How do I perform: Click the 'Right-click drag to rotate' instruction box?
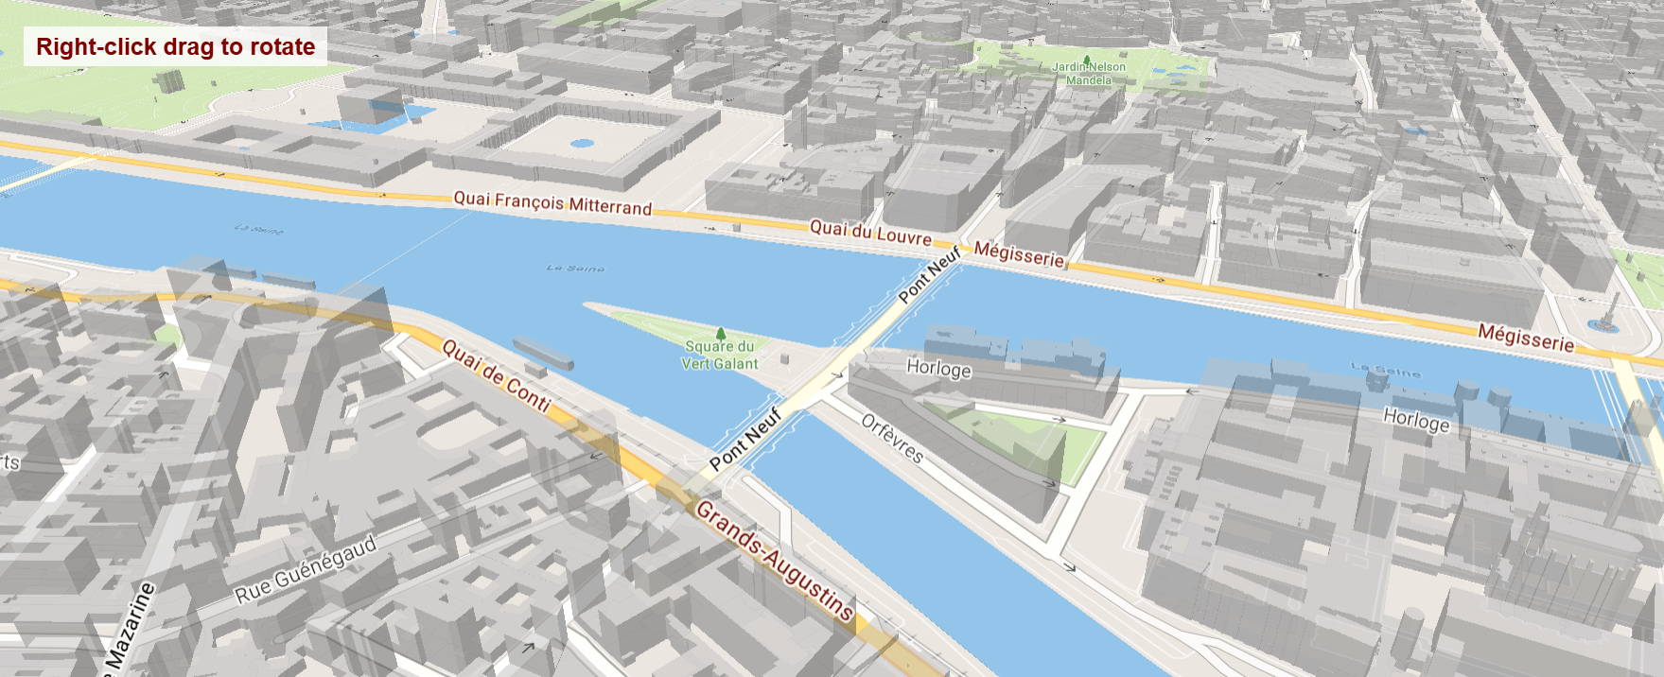click(x=175, y=46)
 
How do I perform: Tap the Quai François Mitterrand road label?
click(x=552, y=202)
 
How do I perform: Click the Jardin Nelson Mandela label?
click(x=1089, y=74)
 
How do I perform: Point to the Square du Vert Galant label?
click(x=720, y=356)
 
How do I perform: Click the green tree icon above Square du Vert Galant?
click(x=721, y=333)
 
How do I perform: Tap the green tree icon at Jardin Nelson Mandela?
click(x=1086, y=58)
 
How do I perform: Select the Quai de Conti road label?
click(x=496, y=375)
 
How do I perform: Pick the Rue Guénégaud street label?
click(x=306, y=568)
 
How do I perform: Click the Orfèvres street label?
click(x=892, y=438)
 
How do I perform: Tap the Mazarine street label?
click(x=130, y=628)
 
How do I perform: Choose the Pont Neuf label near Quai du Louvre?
click(x=929, y=274)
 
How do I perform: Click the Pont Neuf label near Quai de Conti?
click(x=745, y=439)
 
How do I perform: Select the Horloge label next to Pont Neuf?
click(x=938, y=368)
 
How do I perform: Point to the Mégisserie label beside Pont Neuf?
click(x=1019, y=254)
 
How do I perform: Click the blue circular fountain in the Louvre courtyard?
click(x=582, y=144)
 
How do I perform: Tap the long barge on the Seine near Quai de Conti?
click(x=543, y=353)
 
